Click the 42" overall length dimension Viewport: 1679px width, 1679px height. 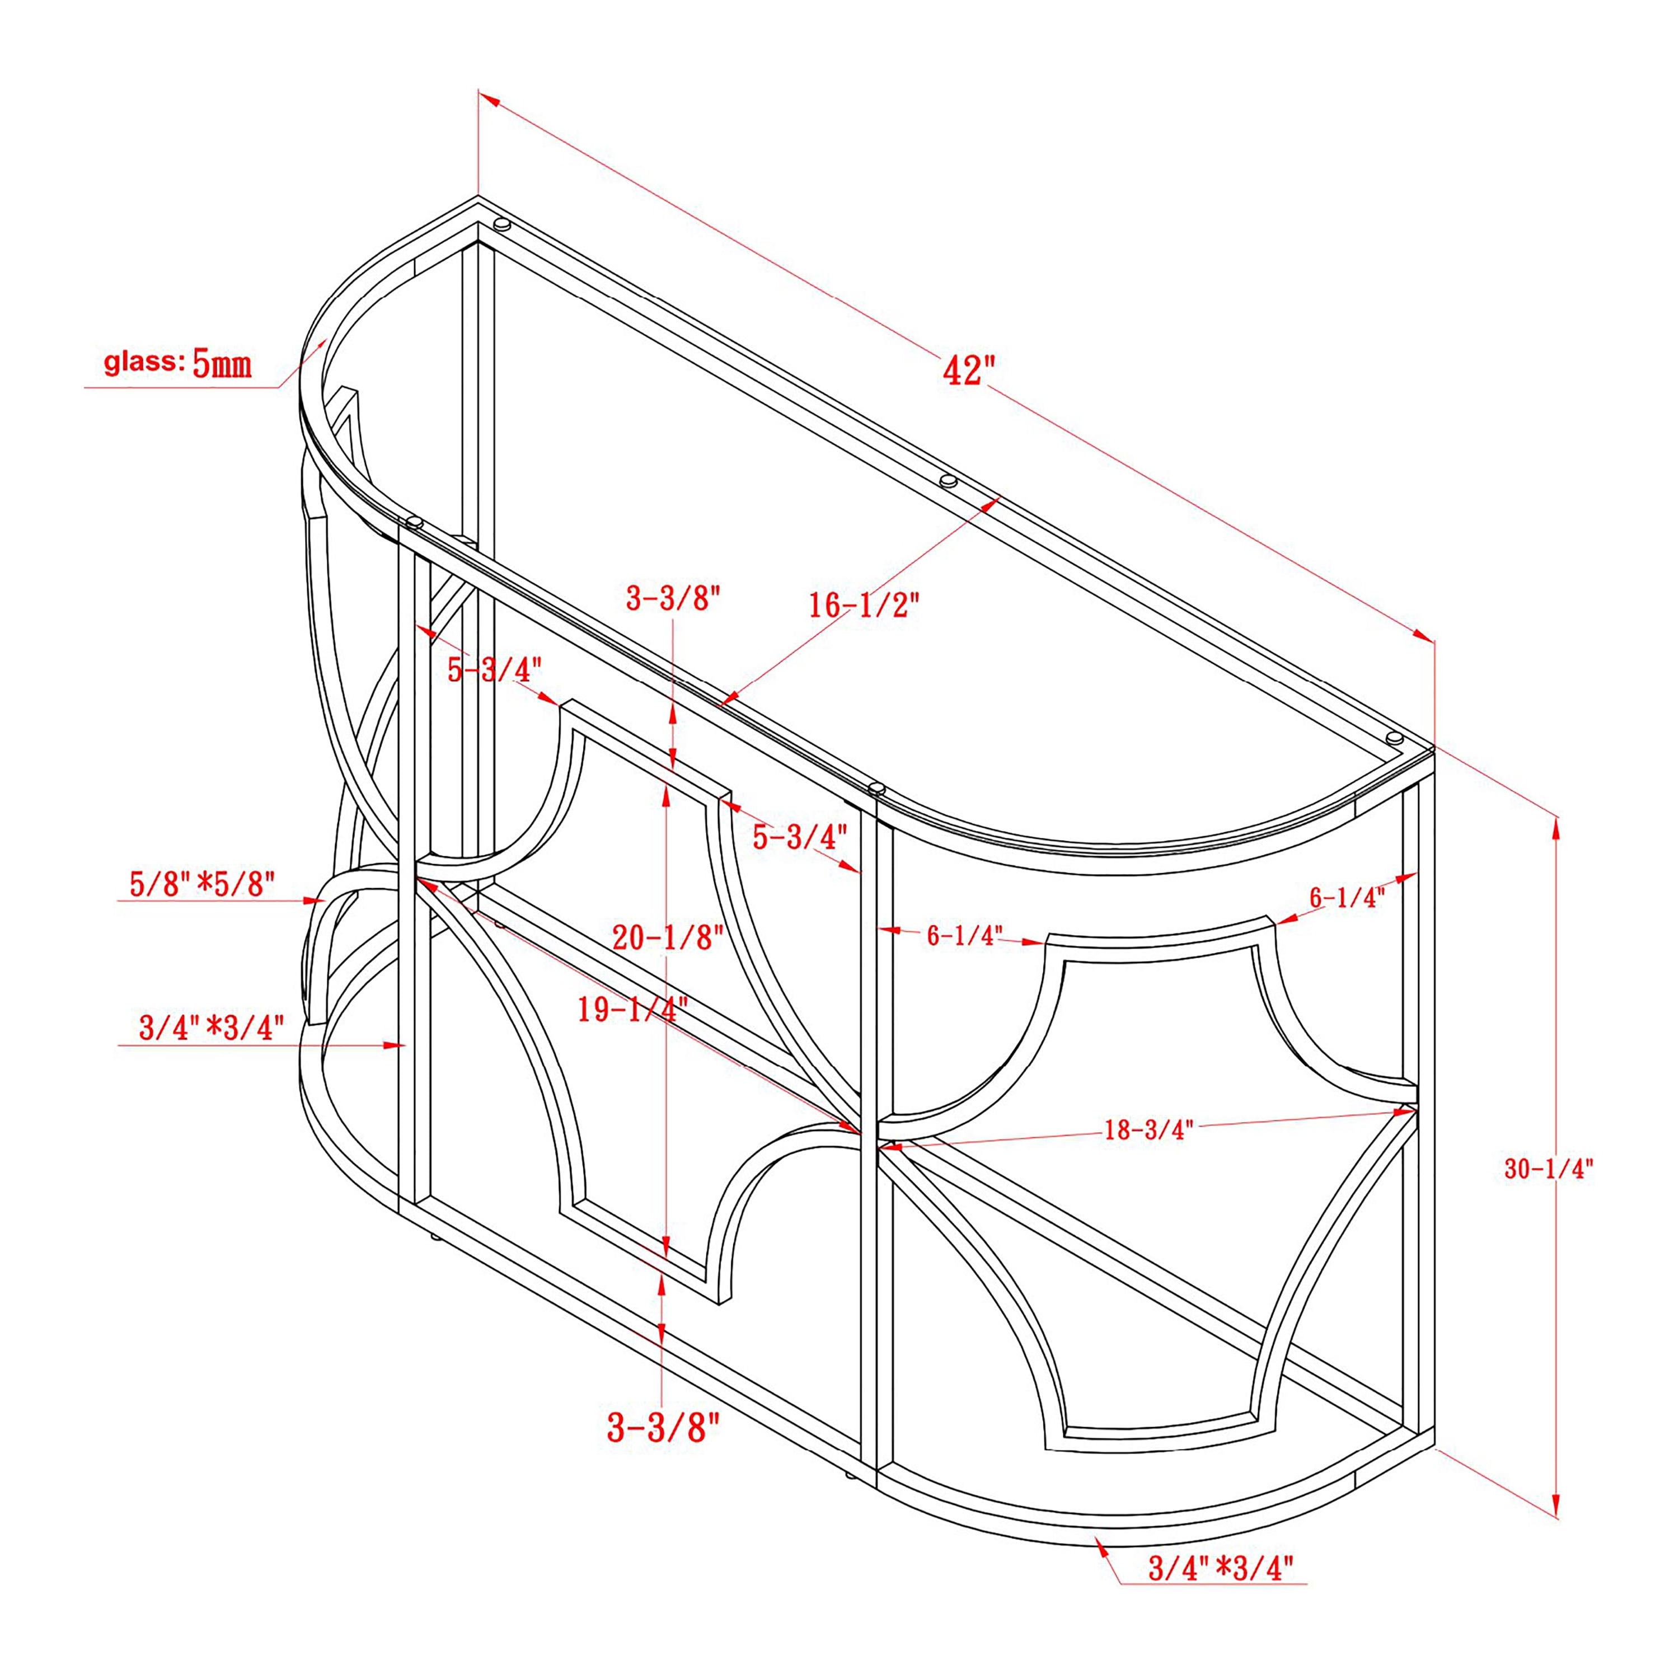(x=968, y=369)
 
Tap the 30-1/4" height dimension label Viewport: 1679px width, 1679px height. (x=1549, y=1169)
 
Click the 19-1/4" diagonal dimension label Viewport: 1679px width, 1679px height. (x=632, y=1009)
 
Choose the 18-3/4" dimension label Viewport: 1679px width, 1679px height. (x=1149, y=1130)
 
